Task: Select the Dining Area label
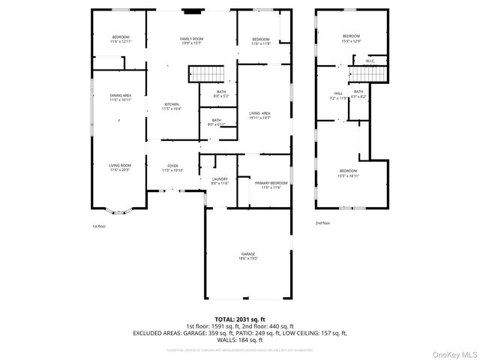click(x=121, y=97)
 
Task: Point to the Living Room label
click(x=121, y=167)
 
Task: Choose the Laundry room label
click(x=220, y=181)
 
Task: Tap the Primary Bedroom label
click(x=270, y=185)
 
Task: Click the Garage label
click(x=248, y=256)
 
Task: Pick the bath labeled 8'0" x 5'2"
click(x=221, y=94)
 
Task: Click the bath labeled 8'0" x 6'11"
click(x=216, y=122)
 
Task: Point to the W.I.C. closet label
click(x=370, y=61)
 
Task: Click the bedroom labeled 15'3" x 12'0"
click(x=351, y=38)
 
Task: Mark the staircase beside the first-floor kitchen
click(x=205, y=73)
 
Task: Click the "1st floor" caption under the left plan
click(x=100, y=225)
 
